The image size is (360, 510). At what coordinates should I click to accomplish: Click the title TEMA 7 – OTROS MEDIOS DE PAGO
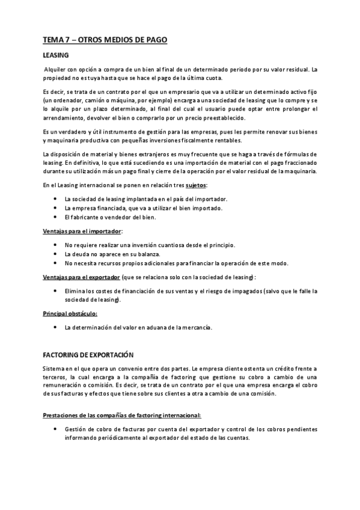[105, 40]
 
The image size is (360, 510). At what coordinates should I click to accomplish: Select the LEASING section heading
[56, 55]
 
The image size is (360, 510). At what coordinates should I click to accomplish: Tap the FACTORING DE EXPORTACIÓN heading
[88, 354]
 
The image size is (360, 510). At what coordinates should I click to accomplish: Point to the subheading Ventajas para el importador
[82, 230]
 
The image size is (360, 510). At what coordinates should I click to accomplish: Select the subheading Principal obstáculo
[70, 313]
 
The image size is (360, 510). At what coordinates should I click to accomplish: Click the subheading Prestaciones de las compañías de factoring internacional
[122, 415]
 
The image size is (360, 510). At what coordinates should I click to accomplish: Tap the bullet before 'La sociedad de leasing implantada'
[56, 198]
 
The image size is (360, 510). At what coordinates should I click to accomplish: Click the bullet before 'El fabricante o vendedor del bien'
[56, 217]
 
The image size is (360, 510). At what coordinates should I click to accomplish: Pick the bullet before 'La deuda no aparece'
[56, 254]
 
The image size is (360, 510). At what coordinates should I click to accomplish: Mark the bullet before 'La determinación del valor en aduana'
[56, 327]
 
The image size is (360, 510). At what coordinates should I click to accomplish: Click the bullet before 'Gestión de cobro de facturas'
[56, 429]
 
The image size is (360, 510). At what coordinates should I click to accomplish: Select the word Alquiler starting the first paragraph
[58, 70]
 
